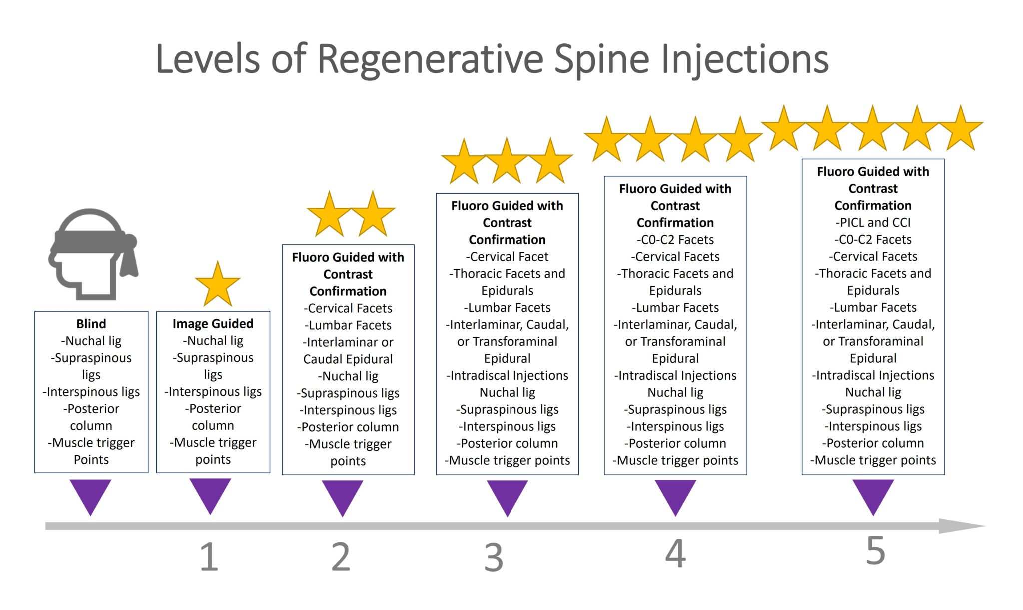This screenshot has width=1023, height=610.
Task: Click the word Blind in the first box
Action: click(x=91, y=324)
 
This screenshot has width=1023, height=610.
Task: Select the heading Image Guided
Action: click(x=213, y=324)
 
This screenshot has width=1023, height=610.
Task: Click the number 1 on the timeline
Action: click(x=209, y=557)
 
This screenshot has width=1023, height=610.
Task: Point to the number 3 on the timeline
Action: click(x=493, y=558)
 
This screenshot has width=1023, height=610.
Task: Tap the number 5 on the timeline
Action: click(x=875, y=551)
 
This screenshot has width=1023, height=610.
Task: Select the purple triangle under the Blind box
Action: click(x=90, y=495)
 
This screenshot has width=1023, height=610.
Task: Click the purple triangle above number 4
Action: click(x=675, y=495)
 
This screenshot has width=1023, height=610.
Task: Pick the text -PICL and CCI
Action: click(x=873, y=222)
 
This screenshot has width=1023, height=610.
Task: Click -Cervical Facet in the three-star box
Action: click(x=507, y=257)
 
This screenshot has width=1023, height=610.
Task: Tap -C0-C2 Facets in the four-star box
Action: click(x=675, y=240)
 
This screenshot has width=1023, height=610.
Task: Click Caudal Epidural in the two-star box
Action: click(x=348, y=359)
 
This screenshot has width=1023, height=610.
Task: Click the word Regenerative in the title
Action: click(x=430, y=59)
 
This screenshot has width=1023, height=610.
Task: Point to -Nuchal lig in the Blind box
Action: click(x=91, y=341)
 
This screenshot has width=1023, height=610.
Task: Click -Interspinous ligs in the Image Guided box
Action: click(x=213, y=392)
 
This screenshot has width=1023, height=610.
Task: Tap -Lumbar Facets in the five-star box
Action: click(x=873, y=307)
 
